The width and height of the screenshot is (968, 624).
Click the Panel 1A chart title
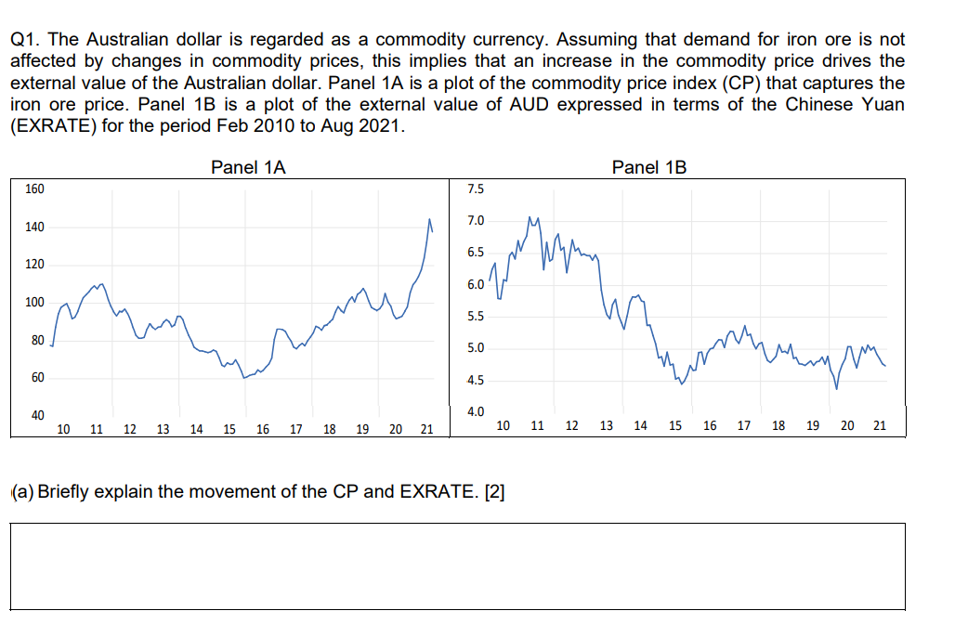tap(248, 167)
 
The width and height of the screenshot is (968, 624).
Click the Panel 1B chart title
tap(649, 167)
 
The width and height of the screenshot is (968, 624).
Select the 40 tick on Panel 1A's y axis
tap(37, 414)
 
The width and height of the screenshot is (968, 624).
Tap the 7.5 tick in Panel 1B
tap(475, 189)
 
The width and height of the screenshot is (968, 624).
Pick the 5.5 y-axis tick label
tap(475, 317)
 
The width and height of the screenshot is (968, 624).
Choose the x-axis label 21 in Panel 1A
tap(426, 429)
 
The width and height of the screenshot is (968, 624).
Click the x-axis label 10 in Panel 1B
tap(503, 426)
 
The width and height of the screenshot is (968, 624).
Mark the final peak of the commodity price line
tap(429, 220)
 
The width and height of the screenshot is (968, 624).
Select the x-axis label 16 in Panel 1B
tap(710, 426)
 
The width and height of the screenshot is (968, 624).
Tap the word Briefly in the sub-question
tap(67, 491)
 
